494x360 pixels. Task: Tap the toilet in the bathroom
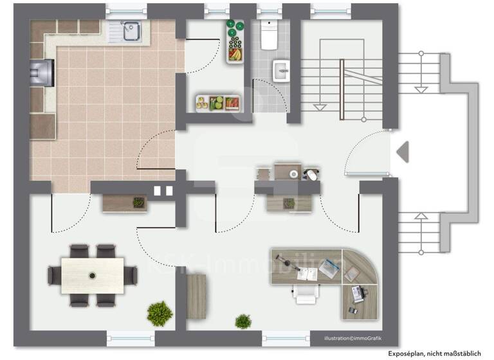[x=269, y=35]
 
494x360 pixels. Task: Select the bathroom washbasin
[x=282, y=70]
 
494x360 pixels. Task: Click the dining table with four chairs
[x=93, y=275]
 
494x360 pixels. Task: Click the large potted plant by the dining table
[x=160, y=314]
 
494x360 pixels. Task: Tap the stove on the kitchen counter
[x=43, y=71]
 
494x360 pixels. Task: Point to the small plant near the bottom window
[x=243, y=321]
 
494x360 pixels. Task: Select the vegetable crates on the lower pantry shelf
[x=219, y=102]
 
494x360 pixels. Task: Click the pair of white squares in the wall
[x=164, y=190]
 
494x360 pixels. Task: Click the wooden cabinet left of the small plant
[x=196, y=296]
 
